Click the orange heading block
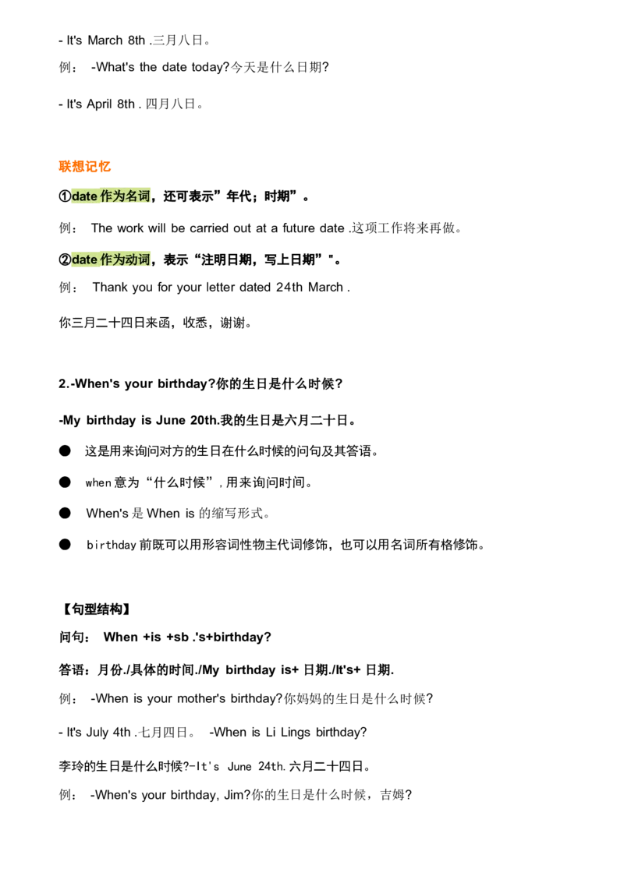point(84,165)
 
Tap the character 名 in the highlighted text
point(131,196)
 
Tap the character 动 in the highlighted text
point(131,259)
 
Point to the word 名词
point(137,196)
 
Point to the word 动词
point(137,259)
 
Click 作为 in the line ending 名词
point(112,196)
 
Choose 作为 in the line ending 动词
point(112,259)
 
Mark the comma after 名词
point(153,200)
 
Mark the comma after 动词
point(153,262)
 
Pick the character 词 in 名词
point(144,196)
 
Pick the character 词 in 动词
point(144,259)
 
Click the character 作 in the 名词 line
point(106,196)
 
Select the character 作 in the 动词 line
point(106,259)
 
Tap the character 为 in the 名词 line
point(119,196)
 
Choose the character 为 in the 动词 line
point(119,259)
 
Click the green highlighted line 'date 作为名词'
point(112,196)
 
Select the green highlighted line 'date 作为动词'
point(112,259)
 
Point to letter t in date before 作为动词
point(89,259)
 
